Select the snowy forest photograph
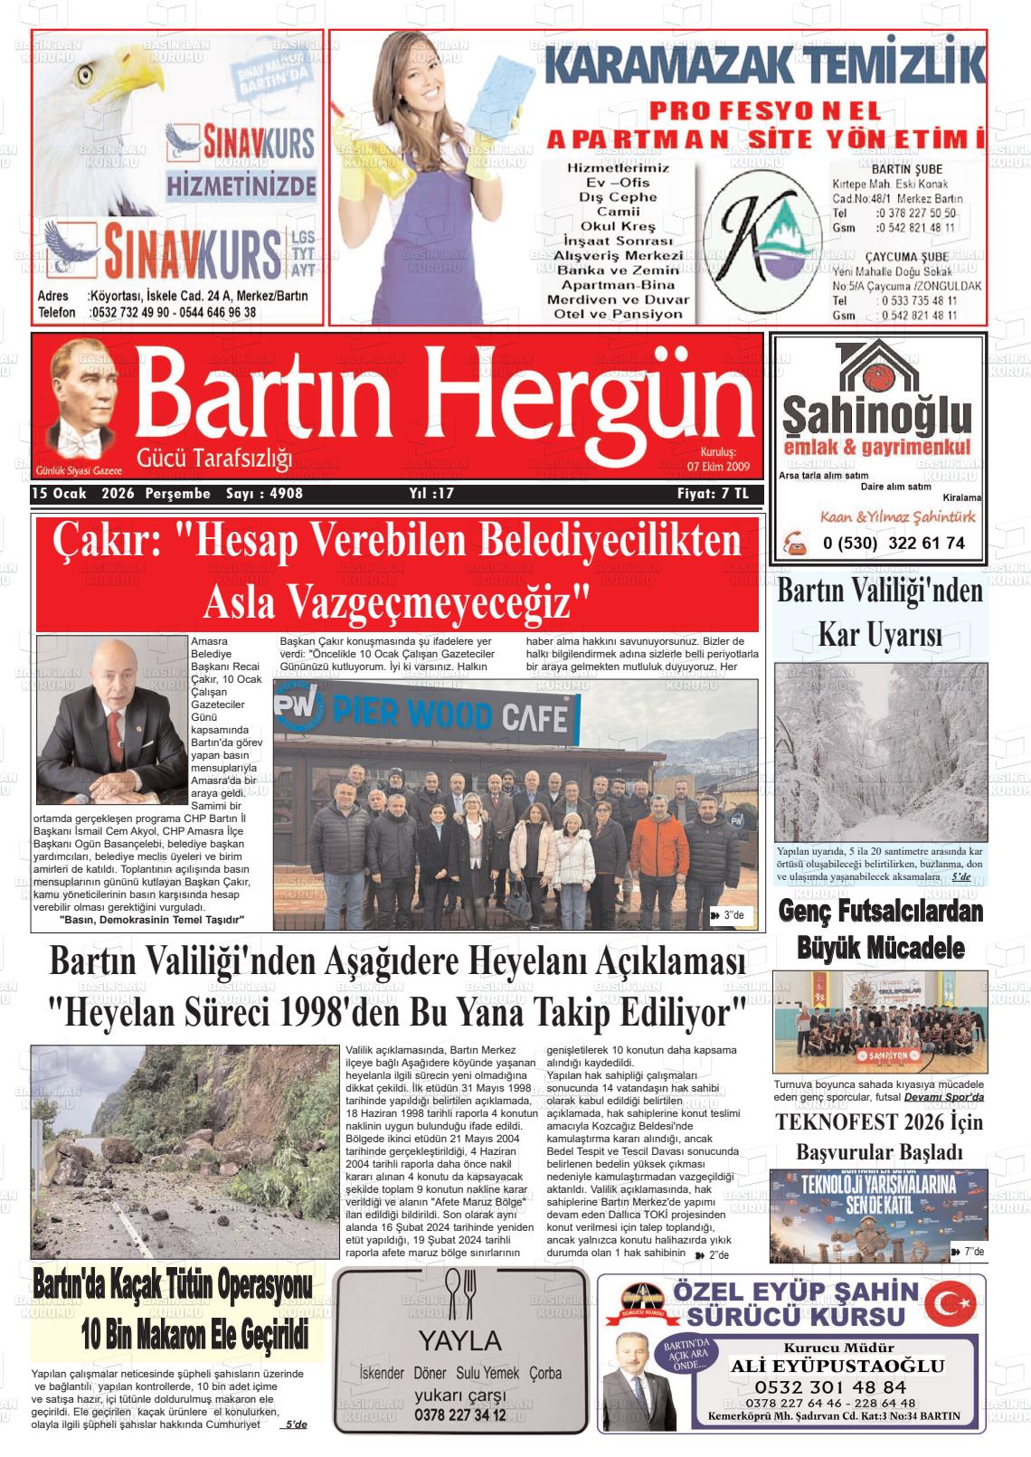880,752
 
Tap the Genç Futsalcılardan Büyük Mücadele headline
880,929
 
